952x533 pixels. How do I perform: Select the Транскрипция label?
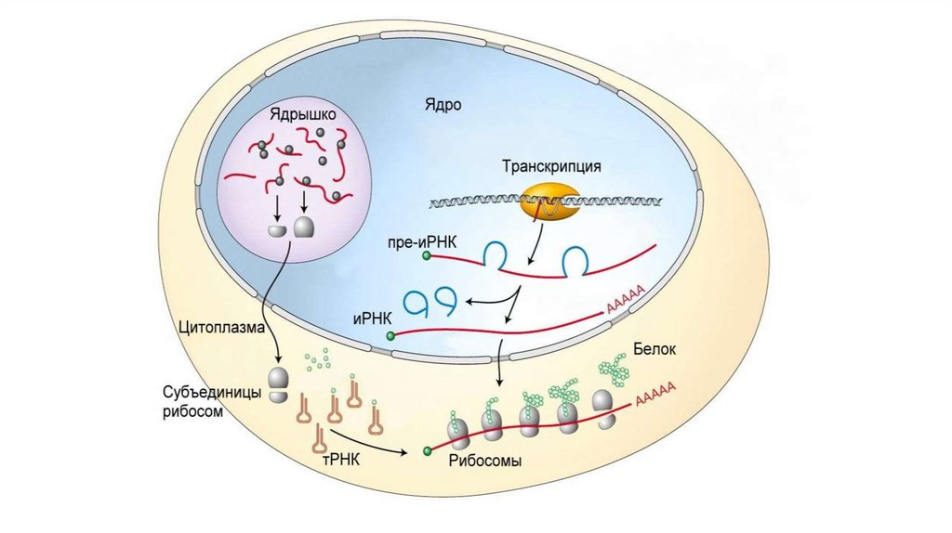click(x=552, y=167)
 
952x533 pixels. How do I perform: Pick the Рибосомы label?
click(x=485, y=461)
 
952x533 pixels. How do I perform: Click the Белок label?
click(x=654, y=348)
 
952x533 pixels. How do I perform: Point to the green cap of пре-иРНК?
click(x=427, y=254)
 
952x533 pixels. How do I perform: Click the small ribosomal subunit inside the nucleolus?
click(x=277, y=229)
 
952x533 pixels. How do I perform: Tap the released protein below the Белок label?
click(x=614, y=370)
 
